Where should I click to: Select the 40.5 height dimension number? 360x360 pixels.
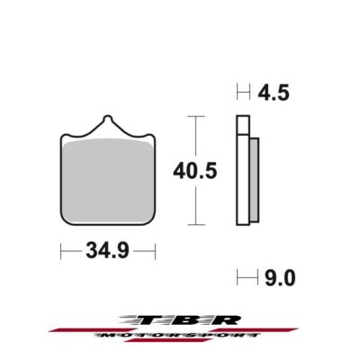pyautogui.click(x=220, y=170)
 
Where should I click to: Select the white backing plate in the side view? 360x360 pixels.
pyautogui.click(x=241, y=170)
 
